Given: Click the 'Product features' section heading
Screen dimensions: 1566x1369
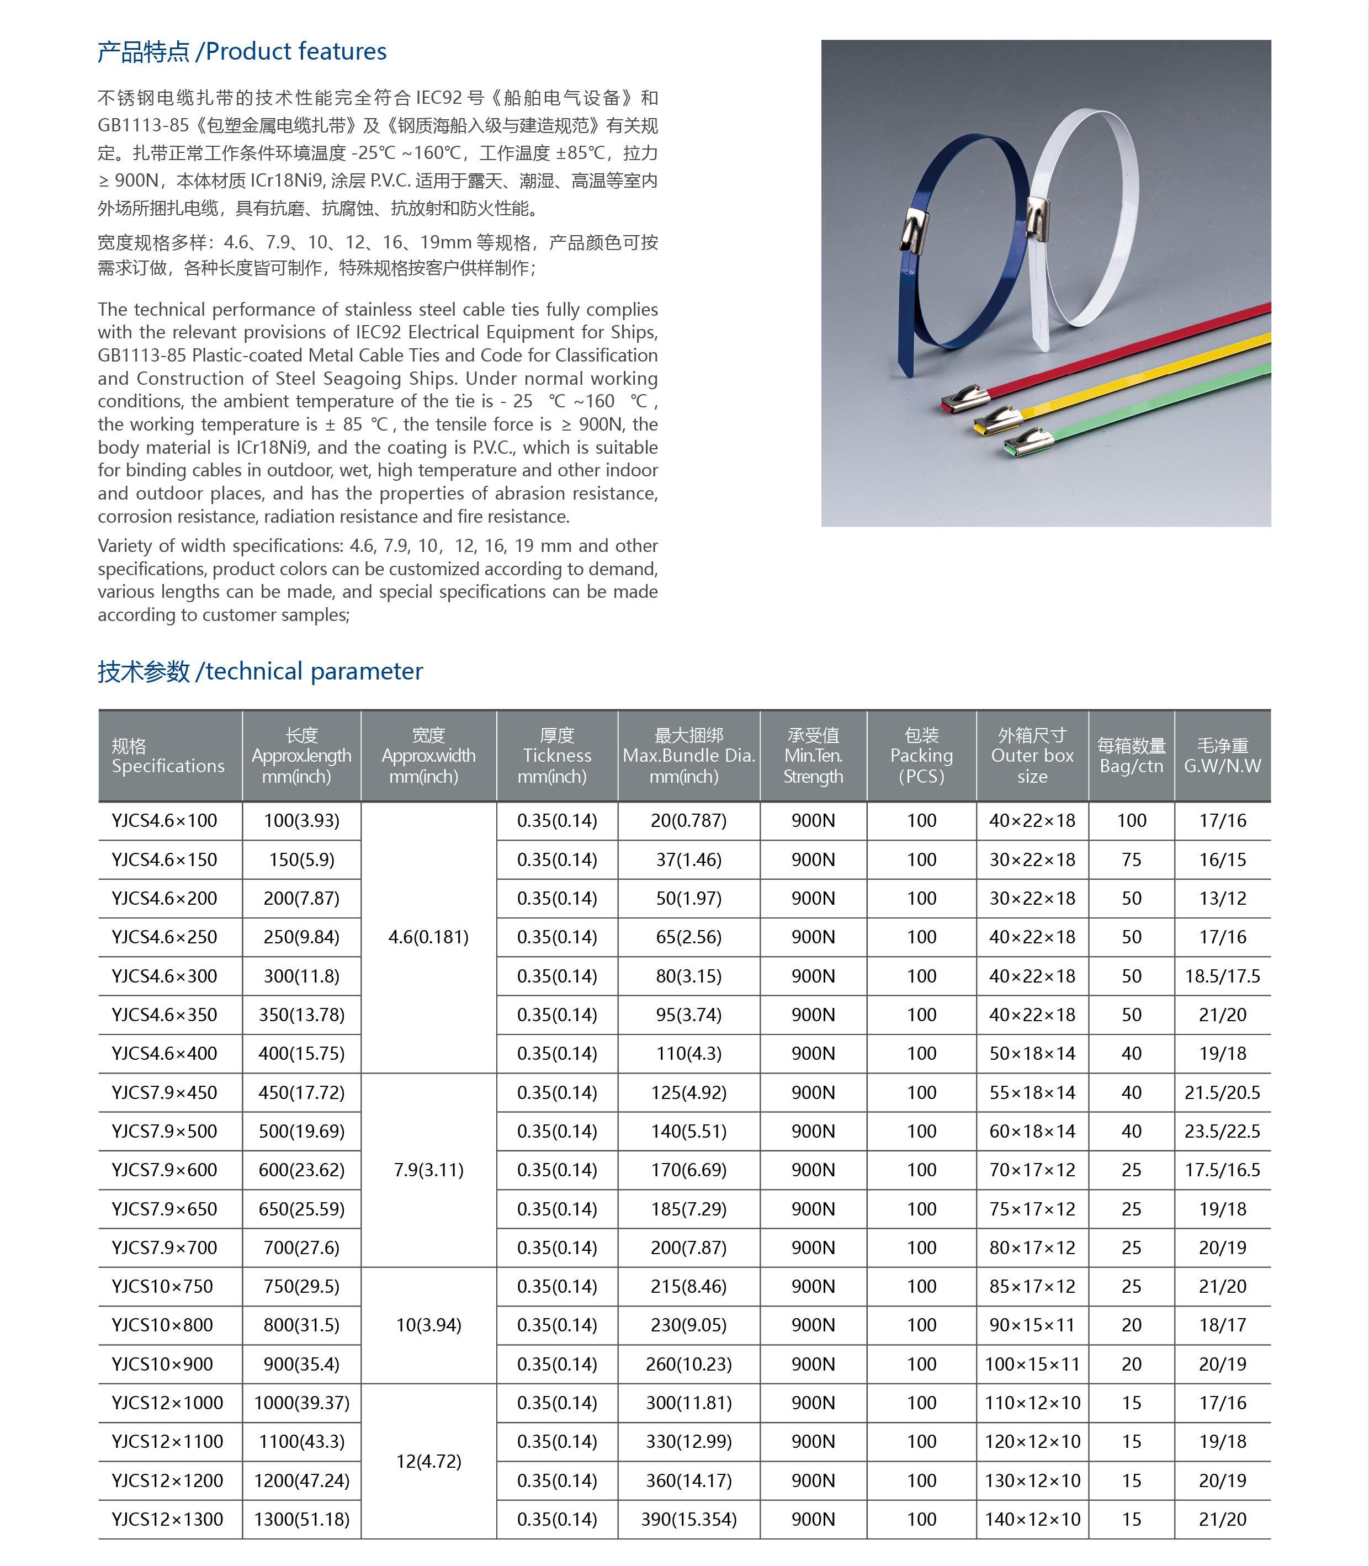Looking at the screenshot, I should (241, 51).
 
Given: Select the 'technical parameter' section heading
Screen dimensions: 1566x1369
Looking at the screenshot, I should (260, 671).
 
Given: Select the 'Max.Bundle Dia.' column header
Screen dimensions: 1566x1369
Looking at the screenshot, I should (688, 756).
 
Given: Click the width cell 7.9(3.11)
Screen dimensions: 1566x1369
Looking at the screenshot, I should (428, 1170).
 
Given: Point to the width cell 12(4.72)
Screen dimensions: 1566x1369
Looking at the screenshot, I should (428, 1461).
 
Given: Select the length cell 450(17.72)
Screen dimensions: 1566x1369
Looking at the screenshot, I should (302, 1092).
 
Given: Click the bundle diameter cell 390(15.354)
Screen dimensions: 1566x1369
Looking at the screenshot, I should (688, 1519).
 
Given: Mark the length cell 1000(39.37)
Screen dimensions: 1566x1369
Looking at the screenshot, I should (302, 1403).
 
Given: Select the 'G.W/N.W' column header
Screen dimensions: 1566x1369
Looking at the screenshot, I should (1222, 756).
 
